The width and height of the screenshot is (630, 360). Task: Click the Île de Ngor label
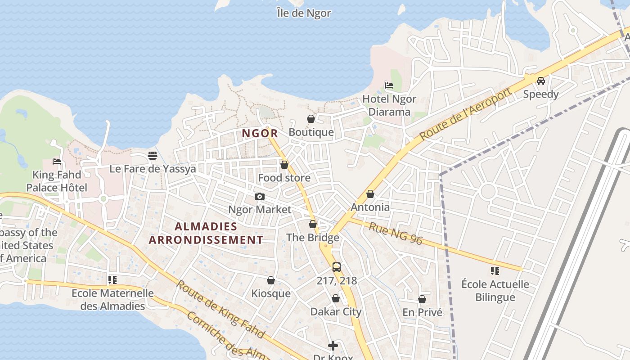(x=304, y=13)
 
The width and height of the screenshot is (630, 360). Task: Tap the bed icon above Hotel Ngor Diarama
(x=389, y=85)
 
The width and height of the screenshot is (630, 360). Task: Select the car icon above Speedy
(x=541, y=81)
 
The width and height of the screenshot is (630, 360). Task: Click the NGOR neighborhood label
(x=260, y=134)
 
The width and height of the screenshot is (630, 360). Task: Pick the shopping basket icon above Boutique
(x=311, y=119)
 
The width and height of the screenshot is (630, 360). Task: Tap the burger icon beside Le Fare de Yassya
(x=153, y=156)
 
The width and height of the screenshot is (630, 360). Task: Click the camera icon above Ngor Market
(x=260, y=196)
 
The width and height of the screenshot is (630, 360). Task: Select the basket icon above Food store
(x=284, y=165)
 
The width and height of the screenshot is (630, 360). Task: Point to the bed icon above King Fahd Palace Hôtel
(x=57, y=161)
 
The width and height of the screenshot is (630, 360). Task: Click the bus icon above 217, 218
(x=337, y=267)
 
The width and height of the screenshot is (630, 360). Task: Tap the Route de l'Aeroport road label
(x=466, y=114)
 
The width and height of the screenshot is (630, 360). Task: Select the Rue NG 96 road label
(x=396, y=233)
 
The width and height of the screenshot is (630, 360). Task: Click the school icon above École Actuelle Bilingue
(x=495, y=270)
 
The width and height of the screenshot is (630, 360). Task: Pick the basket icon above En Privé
(x=422, y=299)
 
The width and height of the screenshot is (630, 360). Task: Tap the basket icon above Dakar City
(x=336, y=298)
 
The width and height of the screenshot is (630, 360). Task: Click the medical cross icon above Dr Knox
(x=333, y=345)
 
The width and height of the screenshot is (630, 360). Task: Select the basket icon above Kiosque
(x=271, y=280)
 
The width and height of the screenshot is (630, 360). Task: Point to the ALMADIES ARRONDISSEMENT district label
(x=206, y=233)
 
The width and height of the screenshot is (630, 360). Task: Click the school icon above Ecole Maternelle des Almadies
(x=112, y=280)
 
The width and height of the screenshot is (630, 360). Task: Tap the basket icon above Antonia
(x=370, y=194)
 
